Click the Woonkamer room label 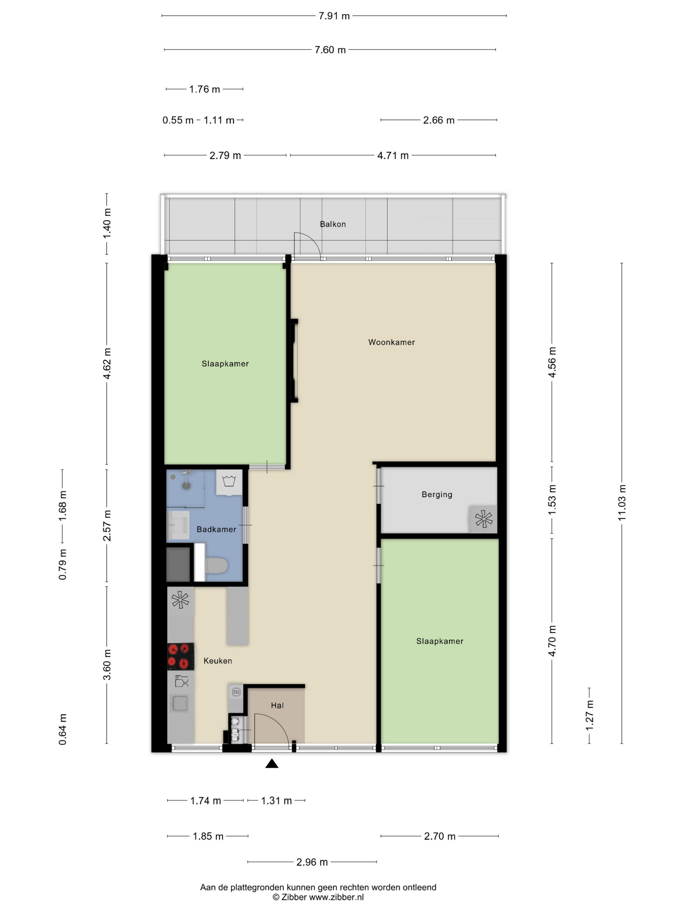pos(391,342)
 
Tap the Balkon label pos(333,224)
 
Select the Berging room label pos(437,494)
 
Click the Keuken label pos(218,661)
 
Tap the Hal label pos(277,705)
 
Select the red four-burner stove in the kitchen pos(180,656)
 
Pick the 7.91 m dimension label pos(334,16)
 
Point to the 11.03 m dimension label pos(622,503)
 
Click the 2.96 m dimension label pos(312,862)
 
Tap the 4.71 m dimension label pos(393,155)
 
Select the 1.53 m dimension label pos(552,500)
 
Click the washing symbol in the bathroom pos(229,481)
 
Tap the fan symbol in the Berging pos(484,519)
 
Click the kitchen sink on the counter pos(180,703)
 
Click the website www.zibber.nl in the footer pos(336,897)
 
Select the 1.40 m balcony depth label pos(107,223)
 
